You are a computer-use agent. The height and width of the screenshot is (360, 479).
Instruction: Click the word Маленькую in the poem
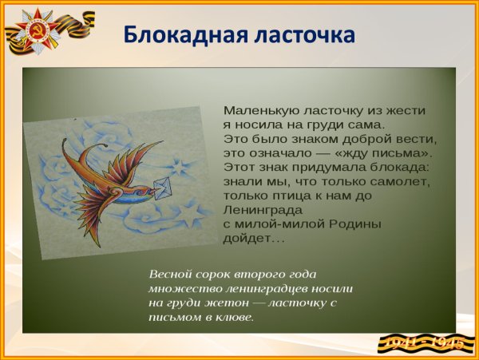pyautogui.click(x=259, y=110)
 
